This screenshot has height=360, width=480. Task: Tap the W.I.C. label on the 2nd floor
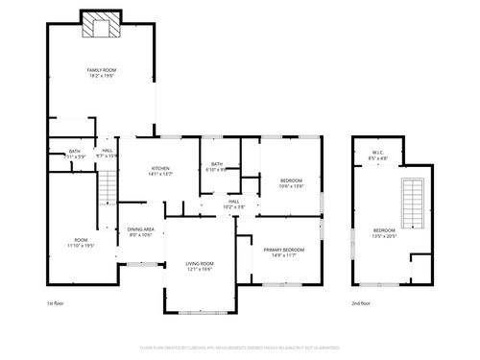tap(378, 152)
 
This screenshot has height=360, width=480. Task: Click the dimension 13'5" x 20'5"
tap(384, 236)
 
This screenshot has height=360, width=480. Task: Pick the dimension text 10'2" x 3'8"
tap(234, 206)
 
